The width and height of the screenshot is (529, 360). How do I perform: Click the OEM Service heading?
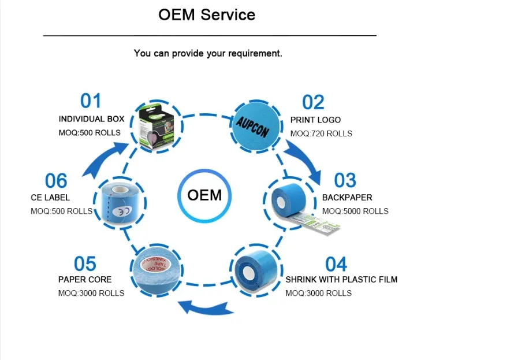point(207,15)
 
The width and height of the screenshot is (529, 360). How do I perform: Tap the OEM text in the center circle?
point(204,195)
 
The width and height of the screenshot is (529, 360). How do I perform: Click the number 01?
point(91,101)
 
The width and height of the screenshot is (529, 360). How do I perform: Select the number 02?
point(314,102)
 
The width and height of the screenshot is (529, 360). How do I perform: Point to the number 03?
point(345,180)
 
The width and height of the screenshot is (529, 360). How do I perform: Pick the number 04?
point(336,264)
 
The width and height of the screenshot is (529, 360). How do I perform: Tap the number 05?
point(85,264)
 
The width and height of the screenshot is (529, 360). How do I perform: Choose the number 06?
point(56,181)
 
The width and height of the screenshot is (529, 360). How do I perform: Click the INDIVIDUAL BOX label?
point(91,119)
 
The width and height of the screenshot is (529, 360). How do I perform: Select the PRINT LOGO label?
point(315,120)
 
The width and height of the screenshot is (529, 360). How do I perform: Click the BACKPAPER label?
point(347,198)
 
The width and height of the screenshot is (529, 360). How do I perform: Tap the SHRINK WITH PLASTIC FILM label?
point(341,280)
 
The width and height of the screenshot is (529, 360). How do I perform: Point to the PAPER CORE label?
point(85,280)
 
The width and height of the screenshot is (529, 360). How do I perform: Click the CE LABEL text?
point(50,198)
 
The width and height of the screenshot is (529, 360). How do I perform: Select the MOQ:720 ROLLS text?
point(321,133)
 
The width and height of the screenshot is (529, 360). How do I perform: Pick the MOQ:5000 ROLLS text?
point(355,211)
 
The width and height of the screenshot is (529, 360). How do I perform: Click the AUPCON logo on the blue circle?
point(252,124)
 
